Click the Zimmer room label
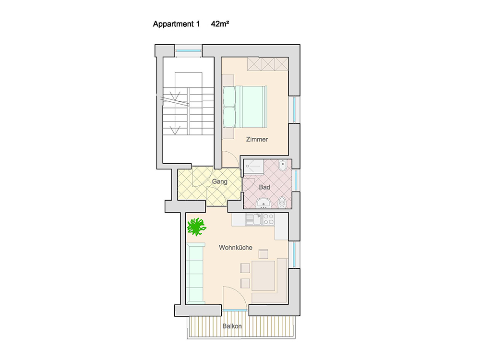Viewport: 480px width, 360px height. tap(257, 139)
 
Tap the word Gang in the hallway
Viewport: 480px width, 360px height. tap(219, 181)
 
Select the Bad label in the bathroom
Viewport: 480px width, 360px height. tap(264, 187)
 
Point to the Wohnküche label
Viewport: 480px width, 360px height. tap(235, 247)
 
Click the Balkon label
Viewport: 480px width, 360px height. tap(232, 326)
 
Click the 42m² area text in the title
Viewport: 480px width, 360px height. tap(220, 24)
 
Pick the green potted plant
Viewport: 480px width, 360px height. tap(196, 227)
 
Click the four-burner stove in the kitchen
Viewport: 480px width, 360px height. tap(268, 219)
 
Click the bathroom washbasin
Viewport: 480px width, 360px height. tap(263, 203)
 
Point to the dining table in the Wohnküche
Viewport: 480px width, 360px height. tap(263, 276)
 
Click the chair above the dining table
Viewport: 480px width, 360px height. tap(263, 254)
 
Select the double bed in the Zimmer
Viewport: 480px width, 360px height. tap(245, 107)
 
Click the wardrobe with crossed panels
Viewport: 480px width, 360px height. tap(268, 64)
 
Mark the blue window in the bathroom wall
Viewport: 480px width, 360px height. tap(296, 180)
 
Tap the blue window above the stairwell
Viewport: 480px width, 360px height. tap(188, 50)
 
